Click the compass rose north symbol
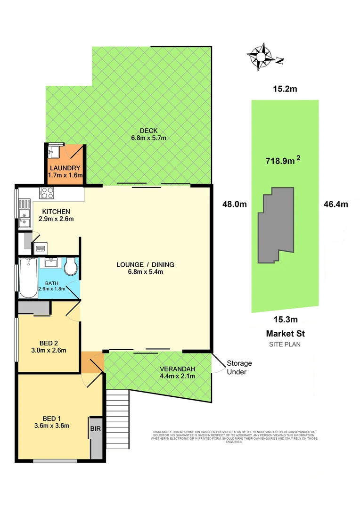261,57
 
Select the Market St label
285,333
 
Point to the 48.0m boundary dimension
235,204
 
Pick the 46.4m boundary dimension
335,204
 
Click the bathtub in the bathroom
28,278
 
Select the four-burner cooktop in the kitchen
47,193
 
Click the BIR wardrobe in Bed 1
96,437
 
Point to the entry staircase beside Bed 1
117,419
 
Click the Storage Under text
239,368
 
